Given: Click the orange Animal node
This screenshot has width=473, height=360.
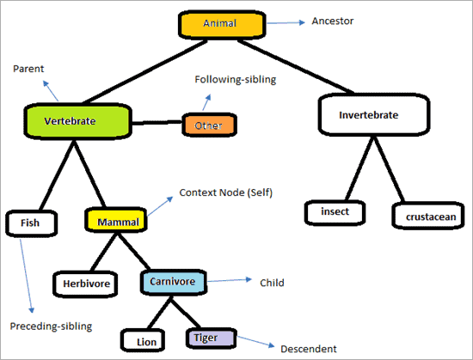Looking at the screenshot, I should pos(219,24).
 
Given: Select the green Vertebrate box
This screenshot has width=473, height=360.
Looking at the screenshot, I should pos(77,122).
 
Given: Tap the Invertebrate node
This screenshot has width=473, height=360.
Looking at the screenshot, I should pos(368,113).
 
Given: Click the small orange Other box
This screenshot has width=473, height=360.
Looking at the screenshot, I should pos(208,125).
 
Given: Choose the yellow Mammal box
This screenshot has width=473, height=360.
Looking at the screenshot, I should pos(114,221).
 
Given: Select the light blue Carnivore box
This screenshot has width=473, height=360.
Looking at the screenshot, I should pos(174,282).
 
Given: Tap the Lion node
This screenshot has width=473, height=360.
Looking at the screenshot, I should pos(146,341).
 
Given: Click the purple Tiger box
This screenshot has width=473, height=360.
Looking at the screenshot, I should pos(207,338).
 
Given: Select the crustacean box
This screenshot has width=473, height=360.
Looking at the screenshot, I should pos(427,215).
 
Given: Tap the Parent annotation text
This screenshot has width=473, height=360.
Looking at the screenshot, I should pos(28,69).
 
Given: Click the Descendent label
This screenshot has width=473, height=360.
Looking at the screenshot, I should pos(309,349).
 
